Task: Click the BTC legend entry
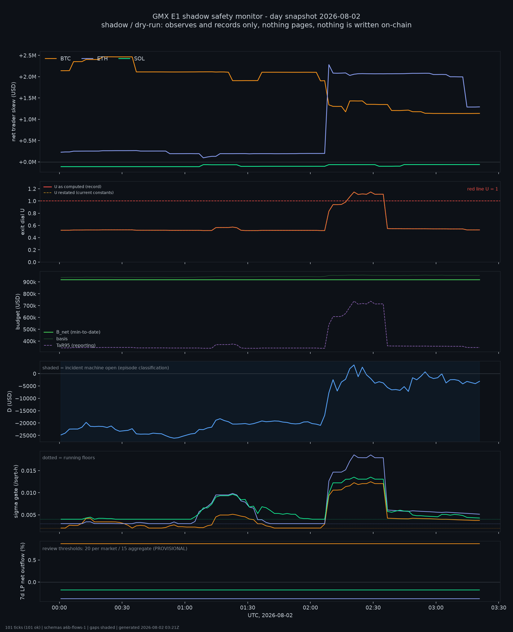point(58,59)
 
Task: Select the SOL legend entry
point(132,59)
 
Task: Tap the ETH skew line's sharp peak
point(329,65)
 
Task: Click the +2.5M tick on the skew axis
point(28,56)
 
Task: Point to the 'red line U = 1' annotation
point(482,189)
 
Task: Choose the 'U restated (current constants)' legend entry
point(79,192)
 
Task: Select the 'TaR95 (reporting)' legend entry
point(70,345)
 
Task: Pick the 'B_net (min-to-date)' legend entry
point(72,332)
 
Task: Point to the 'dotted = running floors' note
point(68,458)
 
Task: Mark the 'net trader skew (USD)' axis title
point(14,111)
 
